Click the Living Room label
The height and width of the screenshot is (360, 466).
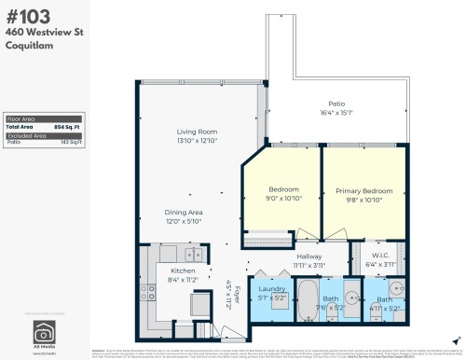197,132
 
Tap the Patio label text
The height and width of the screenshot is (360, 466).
336,104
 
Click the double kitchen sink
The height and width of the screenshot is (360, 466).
193,254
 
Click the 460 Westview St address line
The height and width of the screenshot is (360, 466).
40,30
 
